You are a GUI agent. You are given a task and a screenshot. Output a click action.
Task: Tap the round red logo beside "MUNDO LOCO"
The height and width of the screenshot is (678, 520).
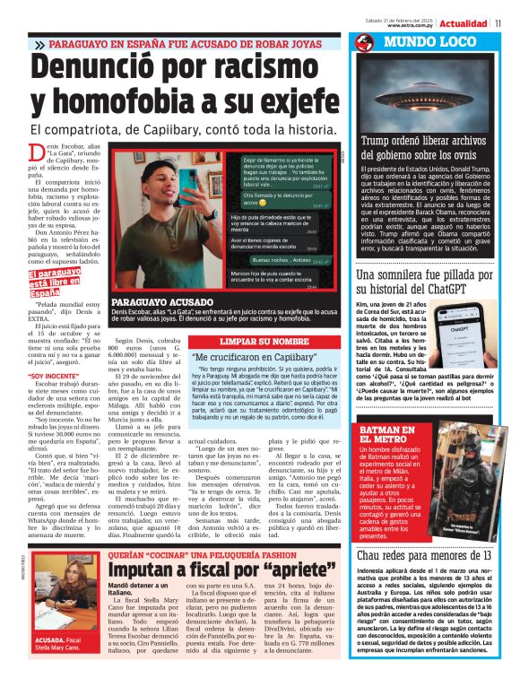point(364,43)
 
